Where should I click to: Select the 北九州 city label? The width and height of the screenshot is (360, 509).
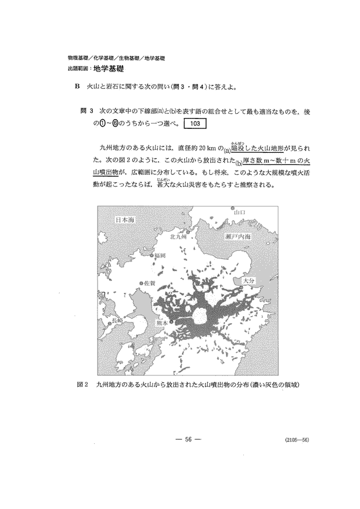tap(178, 237)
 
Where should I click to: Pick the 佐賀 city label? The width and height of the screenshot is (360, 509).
tap(149, 283)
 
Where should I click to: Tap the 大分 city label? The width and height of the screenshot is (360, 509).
tap(249, 279)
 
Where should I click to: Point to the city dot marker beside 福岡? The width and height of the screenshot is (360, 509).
tap(153, 255)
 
